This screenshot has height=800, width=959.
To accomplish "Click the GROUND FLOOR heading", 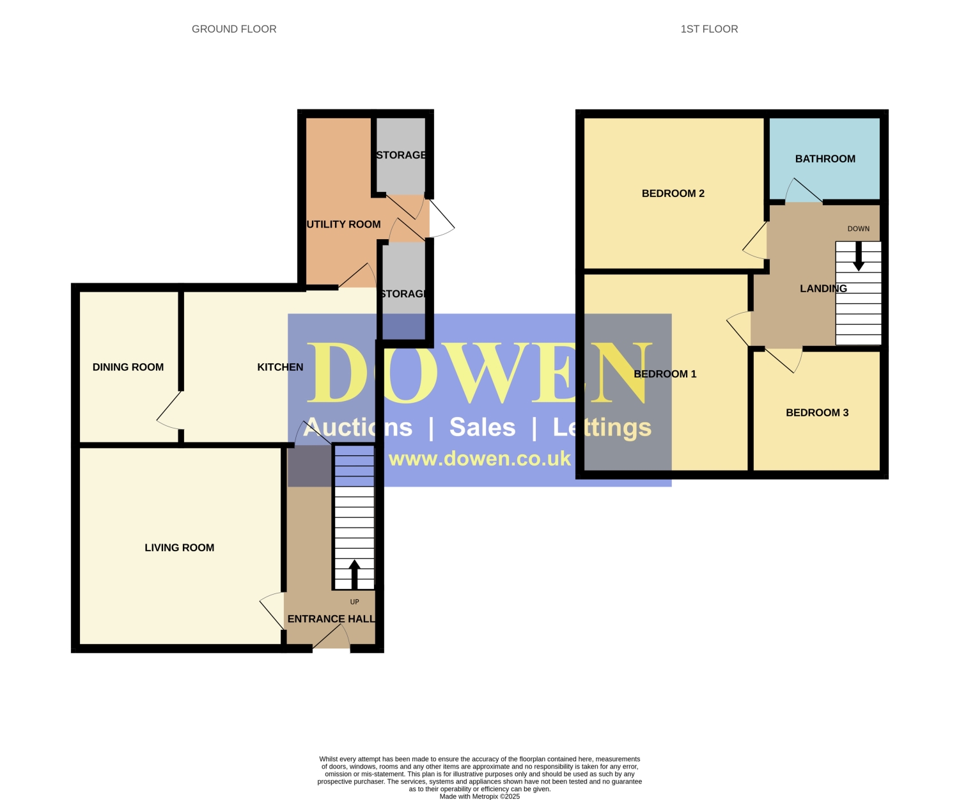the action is [234, 29].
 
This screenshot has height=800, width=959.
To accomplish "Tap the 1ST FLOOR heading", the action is [709, 29].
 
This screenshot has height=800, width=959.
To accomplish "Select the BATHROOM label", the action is [825, 159].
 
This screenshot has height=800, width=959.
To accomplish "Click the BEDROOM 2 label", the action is [673, 194].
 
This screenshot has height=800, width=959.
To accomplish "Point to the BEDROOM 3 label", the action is [817, 412].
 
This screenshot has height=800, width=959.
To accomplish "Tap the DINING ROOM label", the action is [128, 367].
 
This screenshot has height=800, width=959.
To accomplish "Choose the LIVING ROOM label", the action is [179, 548].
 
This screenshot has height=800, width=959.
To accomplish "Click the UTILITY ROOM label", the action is [343, 224].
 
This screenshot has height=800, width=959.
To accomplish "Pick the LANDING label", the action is [823, 288].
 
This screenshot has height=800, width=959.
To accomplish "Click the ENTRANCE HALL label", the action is [331, 619].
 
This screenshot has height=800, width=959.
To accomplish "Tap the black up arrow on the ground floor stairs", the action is [354, 574].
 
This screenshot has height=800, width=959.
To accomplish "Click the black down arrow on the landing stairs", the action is [859, 256].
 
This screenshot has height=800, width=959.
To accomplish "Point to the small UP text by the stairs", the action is [355, 602].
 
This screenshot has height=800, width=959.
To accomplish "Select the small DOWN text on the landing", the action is [859, 229].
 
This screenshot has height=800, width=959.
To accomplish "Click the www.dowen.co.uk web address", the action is [479, 459].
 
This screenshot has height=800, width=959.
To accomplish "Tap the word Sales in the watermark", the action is [482, 427].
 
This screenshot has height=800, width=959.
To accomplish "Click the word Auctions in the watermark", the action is [358, 427].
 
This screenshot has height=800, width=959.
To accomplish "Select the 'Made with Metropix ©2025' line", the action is [479, 796].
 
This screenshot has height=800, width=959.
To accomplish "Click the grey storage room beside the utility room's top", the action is [401, 155].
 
